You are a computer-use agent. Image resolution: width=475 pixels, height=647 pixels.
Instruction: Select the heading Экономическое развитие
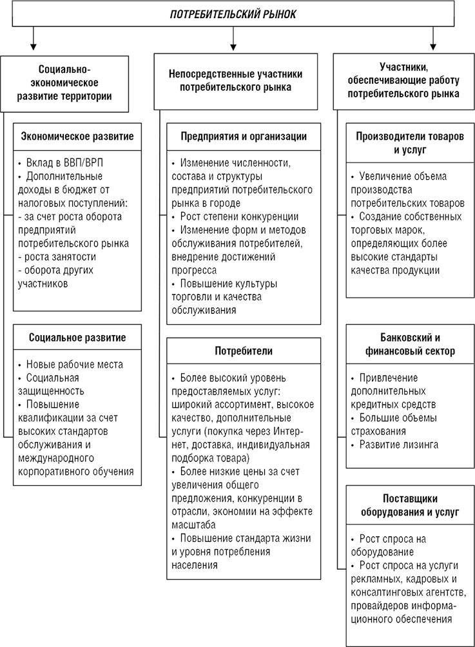pyautogui.click(x=77, y=137)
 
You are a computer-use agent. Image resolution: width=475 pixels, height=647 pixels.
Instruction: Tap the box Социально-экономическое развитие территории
pyautogui.click(x=70, y=82)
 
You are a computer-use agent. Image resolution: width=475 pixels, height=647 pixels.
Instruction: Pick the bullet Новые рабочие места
pyautogui.click(x=74, y=364)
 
